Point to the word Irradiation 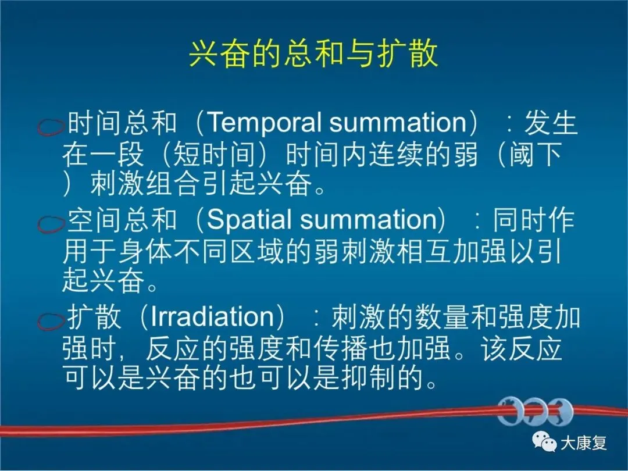pos(212,316)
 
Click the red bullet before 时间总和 pos(51,127)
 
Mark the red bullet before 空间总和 pos(51,224)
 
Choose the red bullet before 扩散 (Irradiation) pos(51,320)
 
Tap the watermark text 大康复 pos(583,443)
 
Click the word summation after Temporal pos(398,123)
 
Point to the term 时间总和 pos(122,123)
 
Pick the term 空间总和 pos(122,220)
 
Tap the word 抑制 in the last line pos(369,378)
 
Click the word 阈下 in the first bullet pos(535,155)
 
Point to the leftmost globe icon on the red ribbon pos(510,412)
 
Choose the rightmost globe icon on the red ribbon pos(561,412)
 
